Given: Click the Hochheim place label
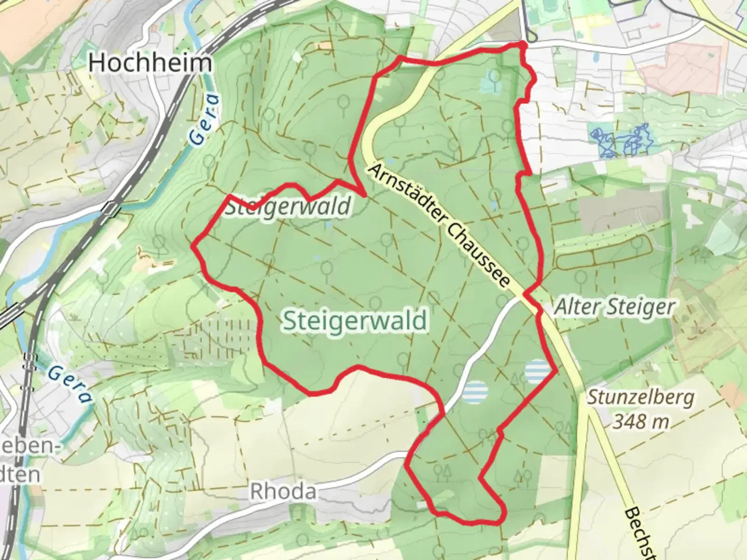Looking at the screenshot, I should point(150,63).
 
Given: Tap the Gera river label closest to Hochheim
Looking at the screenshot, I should point(203,120).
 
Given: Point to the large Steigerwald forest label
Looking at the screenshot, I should point(355,320).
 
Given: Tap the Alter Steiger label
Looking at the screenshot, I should point(614,307).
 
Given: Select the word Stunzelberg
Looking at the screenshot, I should point(641,398).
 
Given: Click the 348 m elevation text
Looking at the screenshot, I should point(641,421).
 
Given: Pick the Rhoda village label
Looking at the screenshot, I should point(283,491).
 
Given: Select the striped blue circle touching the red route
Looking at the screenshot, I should point(537,371).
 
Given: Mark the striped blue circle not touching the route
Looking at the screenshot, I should point(475,391).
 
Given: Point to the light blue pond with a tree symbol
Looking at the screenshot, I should point(491,81).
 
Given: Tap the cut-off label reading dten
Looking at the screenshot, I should point(20,474).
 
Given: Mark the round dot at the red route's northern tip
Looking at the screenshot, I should point(522,46).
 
